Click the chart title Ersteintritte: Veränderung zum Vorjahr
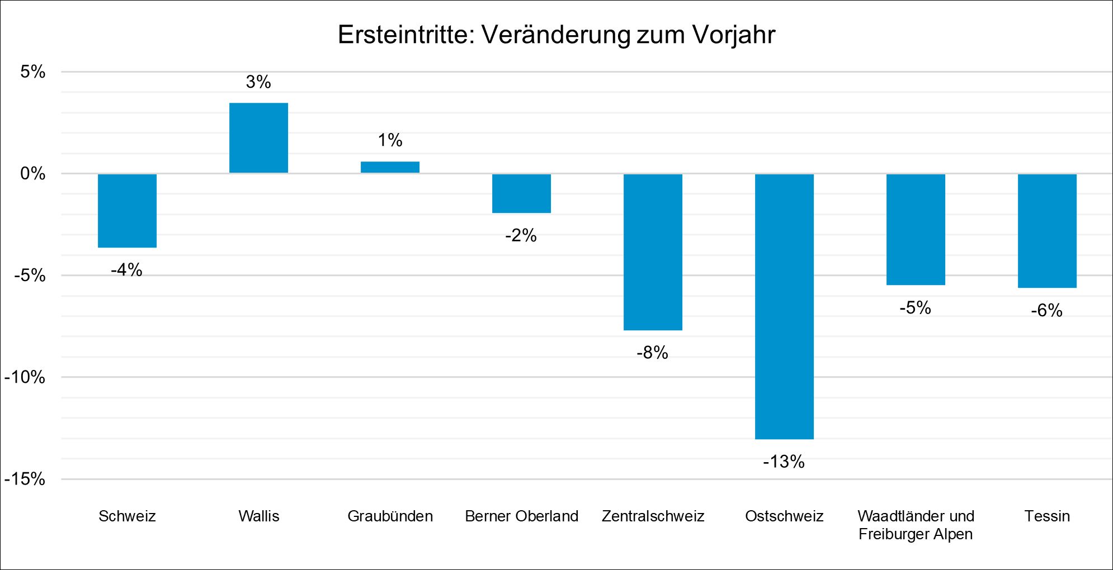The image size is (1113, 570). [x=556, y=35]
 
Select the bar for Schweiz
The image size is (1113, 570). [x=127, y=211]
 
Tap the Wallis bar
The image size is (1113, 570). [x=258, y=138]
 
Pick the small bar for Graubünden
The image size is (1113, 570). [x=390, y=167]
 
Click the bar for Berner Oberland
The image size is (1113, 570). [x=521, y=193]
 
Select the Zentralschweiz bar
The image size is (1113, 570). [x=653, y=252]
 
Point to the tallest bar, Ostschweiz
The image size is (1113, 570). [x=784, y=306]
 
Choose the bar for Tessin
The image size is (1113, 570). [x=1047, y=231]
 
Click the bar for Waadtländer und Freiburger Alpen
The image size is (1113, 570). [x=916, y=230]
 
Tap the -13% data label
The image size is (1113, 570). [x=784, y=462]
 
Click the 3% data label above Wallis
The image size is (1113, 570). [x=258, y=82]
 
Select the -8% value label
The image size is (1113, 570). [x=652, y=353]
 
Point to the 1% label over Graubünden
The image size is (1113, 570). [x=390, y=140]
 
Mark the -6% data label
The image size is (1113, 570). [x=1046, y=310]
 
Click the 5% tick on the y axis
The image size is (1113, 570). [x=33, y=72]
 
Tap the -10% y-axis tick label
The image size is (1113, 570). [x=25, y=377]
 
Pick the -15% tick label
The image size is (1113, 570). [x=25, y=479]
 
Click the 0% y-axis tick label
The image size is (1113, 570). [x=33, y=173]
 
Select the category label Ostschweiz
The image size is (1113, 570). [x=784, y=516]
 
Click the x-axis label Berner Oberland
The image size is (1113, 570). [x=521, y=516]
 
